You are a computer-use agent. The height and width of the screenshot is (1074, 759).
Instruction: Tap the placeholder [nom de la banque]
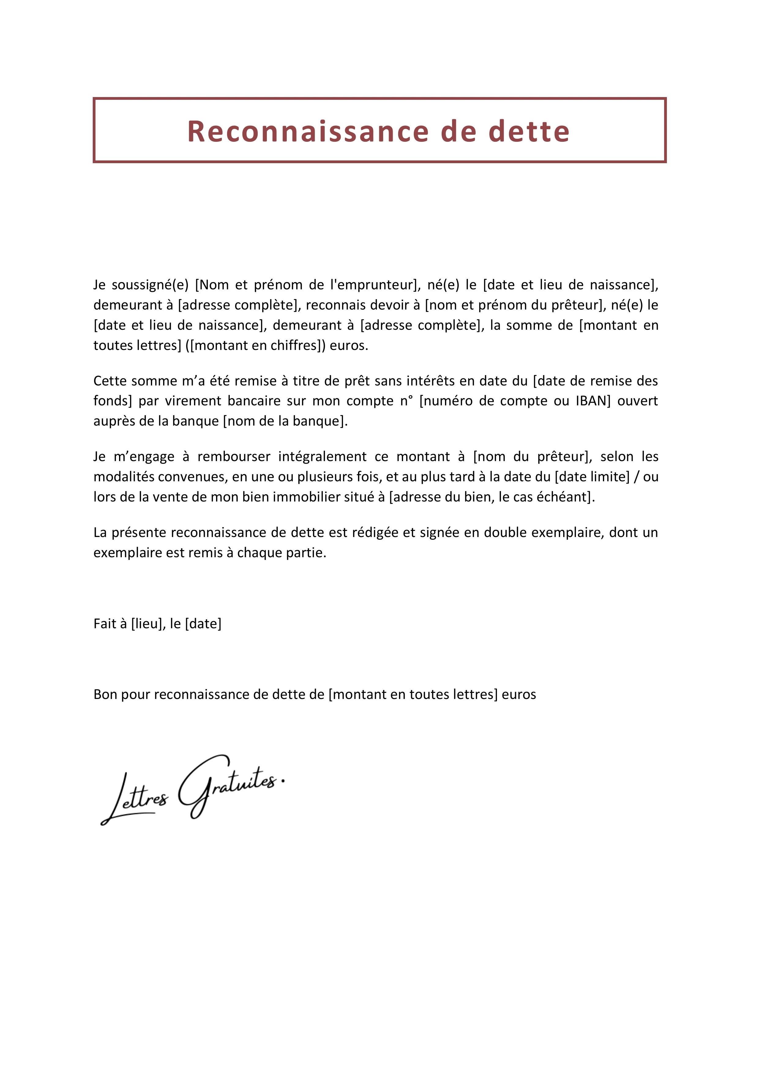click(285, 421)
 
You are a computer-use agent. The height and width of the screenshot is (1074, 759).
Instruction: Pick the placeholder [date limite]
click(592, 477)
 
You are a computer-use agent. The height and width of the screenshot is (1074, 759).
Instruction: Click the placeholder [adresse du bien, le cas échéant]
click(492, 497)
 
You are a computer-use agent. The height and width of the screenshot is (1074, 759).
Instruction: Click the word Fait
click(105, 624)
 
